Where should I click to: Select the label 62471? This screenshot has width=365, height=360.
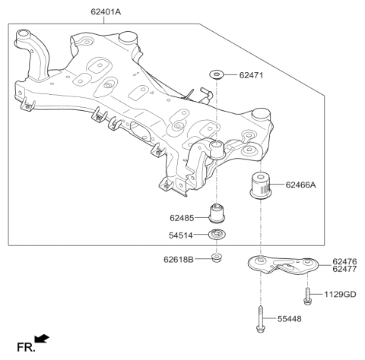point(254,75)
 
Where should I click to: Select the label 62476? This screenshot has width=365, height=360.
point(344,262)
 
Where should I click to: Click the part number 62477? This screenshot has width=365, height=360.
point(344,270)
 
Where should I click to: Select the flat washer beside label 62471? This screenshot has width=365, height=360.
point(217,74)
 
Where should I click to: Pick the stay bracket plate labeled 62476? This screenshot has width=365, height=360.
point(281,266)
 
